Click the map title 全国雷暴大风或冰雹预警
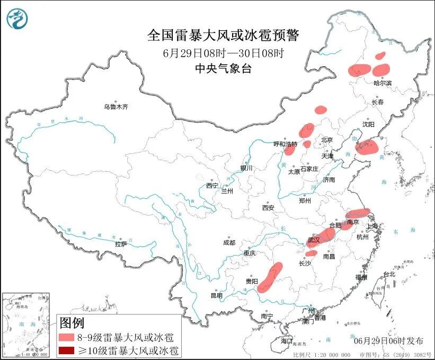[223, 36]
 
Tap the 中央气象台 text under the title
[223, 68]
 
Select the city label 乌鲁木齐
[116, 107]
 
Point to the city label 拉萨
[121, 244]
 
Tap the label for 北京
[326, 140]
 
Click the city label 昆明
[217, 295]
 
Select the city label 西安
[268, 208]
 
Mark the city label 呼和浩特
[285, 144]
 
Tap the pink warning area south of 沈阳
[366, 146]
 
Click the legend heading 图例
[72, 322]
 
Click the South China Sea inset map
[26, 322]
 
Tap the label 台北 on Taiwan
[389, 274]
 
